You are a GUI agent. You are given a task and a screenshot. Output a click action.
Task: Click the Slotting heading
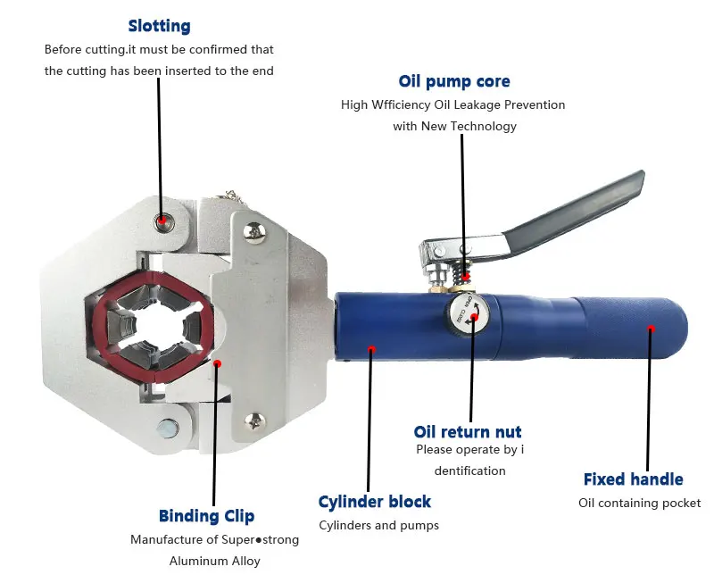(159, 27)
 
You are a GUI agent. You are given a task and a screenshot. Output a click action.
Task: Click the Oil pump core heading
(454, 81)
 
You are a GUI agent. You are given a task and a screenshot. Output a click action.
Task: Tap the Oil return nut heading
(468, 432)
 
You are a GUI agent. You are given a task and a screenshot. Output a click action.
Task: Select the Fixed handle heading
(633, 479)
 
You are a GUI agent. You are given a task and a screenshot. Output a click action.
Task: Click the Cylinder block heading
(375, 502)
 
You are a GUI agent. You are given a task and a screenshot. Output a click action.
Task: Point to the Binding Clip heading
(206, 516)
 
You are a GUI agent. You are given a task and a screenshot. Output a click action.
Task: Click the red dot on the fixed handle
(651, 329)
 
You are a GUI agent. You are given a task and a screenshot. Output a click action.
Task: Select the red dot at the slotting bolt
(162, 220)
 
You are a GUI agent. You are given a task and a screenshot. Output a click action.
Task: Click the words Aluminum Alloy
(214, 562)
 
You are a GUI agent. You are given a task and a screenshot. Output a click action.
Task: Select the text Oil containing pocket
(639, 503)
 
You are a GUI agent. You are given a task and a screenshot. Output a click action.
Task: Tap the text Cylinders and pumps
(378, 525)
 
